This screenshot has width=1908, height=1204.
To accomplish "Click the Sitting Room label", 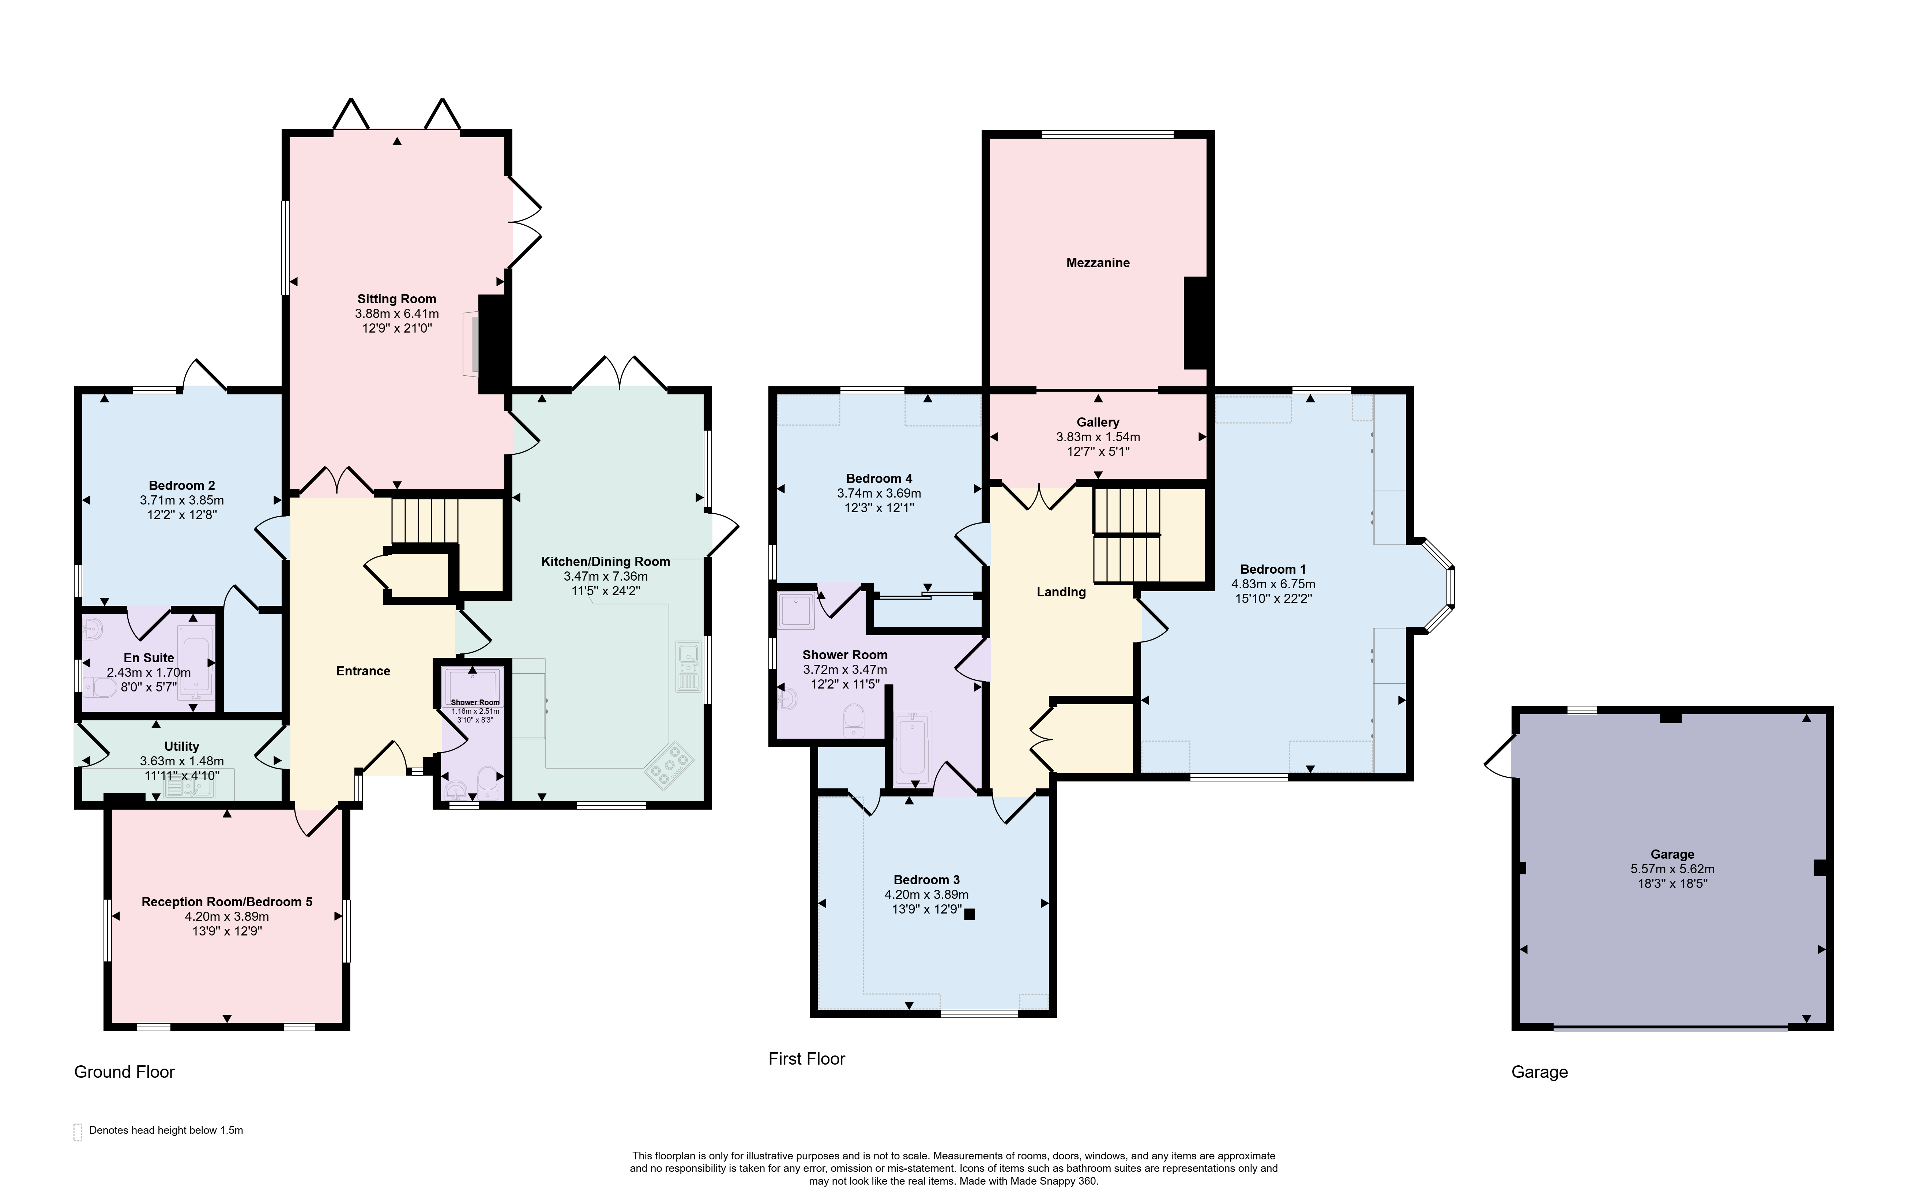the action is point(396,299).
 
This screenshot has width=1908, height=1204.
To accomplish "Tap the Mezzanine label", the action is point(1098,262).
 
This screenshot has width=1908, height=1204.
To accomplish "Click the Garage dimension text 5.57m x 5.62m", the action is point(1672,869).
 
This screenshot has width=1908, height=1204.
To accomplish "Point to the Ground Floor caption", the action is point(124,1072).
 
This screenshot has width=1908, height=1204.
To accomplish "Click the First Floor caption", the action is point(807,1059).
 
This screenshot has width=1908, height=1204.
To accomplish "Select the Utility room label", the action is point(181,746).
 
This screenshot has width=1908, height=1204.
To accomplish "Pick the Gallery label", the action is point(1098,422).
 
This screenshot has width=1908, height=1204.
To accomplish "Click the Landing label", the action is point(1061,592).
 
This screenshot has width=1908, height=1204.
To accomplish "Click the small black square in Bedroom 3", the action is point(969,914).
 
